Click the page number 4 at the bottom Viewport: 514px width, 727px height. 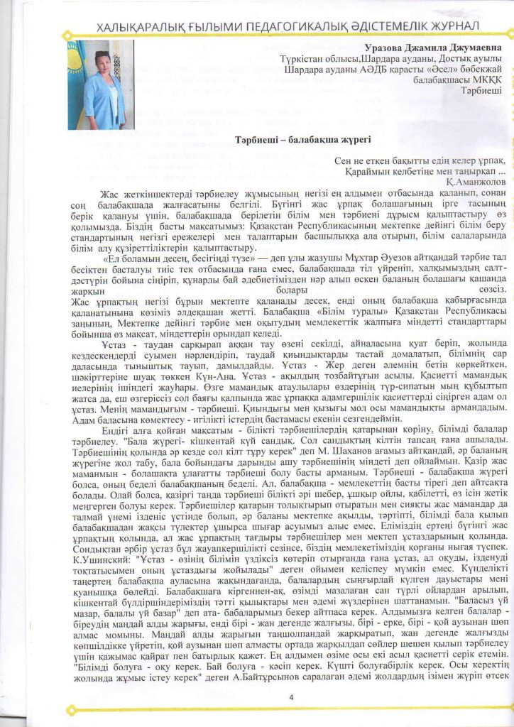pos(291,697)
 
